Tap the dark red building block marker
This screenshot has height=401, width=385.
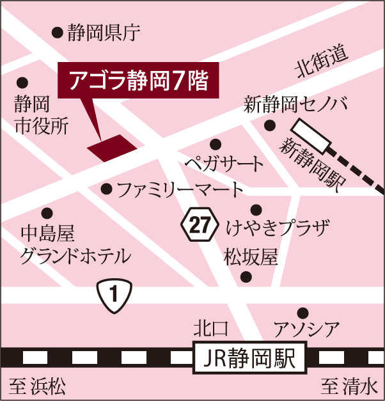112,148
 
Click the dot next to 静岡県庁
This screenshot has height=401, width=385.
56,31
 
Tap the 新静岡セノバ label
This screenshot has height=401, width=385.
295,104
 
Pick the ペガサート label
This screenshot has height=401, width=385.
224,164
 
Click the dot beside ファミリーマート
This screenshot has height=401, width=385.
106,189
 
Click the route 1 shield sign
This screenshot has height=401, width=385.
114,295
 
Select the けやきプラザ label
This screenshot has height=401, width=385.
278,227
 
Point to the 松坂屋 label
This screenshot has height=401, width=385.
251,258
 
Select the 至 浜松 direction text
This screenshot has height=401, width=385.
38,387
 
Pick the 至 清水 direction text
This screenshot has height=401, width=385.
350,387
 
